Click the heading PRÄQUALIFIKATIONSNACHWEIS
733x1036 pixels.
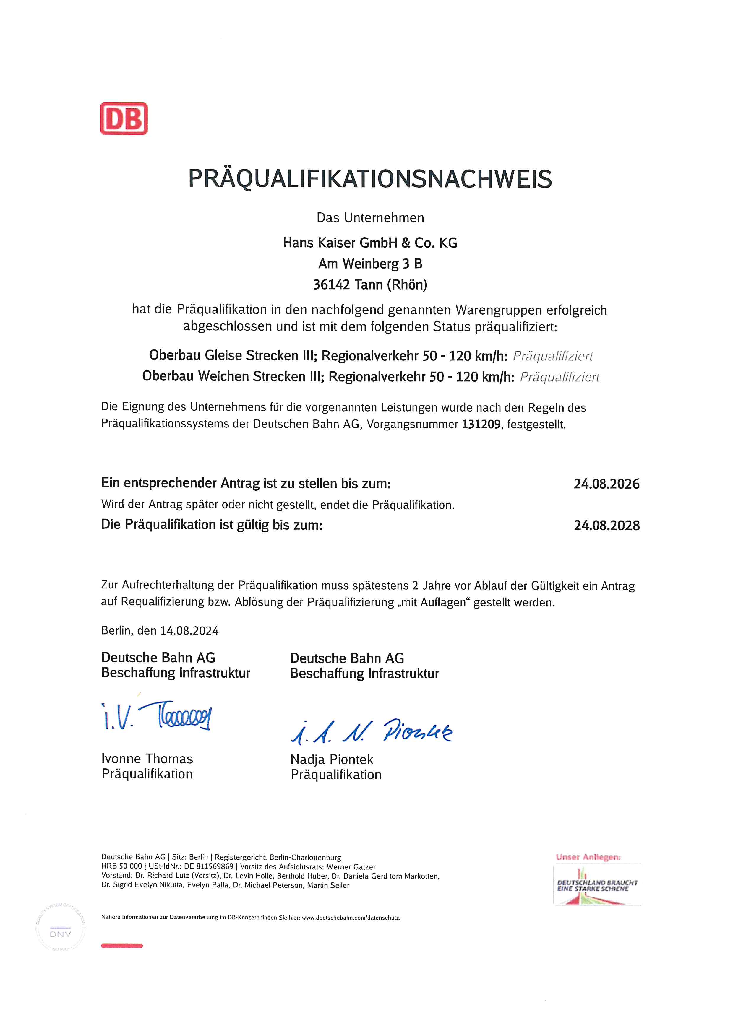pyautogui.click(x=370, y=179)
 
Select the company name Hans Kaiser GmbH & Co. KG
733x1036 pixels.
pyautogui.click(x=370, y=243)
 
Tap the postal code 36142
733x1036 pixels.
pyautogui.click(x=331, y=285)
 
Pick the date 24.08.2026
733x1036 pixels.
pyautogui.click(x=606, y=484)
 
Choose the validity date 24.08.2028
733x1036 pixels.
pyautogui.click(x=606, y=526)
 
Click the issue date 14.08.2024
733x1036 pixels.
pyautogui.click(x=189, y=631)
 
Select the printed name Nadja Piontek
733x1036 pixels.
pyautogui.click(x=332, y=760)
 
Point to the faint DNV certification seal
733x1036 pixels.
pyautogui.click(x=61, y=934)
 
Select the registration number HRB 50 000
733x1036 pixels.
pyautogui.click(x=121, y=867)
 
